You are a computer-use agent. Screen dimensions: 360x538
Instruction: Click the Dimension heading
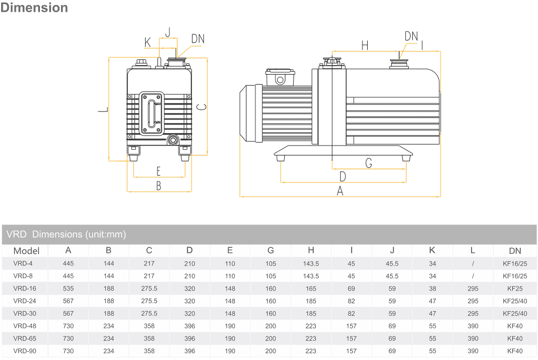point(35,8)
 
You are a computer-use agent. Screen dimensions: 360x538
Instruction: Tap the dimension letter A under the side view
point(339,190)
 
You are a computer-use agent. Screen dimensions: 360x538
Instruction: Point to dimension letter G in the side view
point(369,163)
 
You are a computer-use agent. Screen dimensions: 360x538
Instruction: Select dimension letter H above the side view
point(365,45)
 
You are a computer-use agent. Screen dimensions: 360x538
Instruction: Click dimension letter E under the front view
point(158,171)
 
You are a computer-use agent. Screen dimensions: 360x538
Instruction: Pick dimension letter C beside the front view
point(200,107)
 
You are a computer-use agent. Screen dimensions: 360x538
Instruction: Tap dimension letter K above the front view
point(147,42)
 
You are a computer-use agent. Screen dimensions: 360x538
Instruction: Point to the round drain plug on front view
point(173,140)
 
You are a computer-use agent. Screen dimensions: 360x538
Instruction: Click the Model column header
point(26,251)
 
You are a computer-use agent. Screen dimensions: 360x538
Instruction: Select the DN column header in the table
point(515,251)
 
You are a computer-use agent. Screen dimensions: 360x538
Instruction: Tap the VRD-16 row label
point(25,288)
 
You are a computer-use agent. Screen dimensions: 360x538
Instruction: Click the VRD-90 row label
point(25,351)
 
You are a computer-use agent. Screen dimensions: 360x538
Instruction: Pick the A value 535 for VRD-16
point(68,288)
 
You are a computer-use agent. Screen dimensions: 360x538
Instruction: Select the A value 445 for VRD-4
point(68,263)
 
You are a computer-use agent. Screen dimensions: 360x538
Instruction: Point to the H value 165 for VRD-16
point(311,288)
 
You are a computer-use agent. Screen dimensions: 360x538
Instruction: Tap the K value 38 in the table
point(432,288)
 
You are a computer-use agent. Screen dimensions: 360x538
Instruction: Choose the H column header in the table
point(311,251)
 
